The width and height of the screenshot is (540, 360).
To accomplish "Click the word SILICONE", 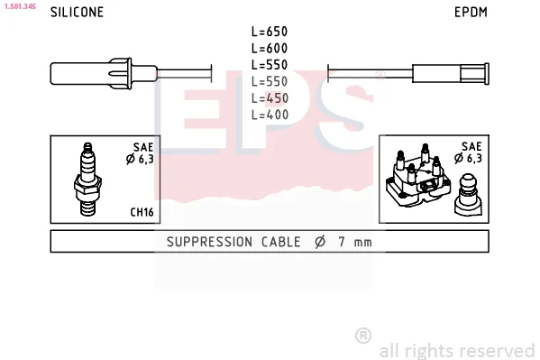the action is point(77,12).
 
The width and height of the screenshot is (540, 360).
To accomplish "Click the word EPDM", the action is point(471,12).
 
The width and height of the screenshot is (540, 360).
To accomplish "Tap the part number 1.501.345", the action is point(20,6).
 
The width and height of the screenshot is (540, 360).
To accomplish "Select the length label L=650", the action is point(270,32).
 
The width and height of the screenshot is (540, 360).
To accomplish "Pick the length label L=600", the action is point(270,49).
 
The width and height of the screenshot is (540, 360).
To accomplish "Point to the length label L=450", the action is point(270,98).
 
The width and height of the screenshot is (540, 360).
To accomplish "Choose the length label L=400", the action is point(270,115).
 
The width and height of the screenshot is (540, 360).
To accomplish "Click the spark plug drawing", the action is point(87,180).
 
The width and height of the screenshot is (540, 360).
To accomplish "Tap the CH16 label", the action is point(142,212).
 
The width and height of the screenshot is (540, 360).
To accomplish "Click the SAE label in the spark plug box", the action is point(143,147).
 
